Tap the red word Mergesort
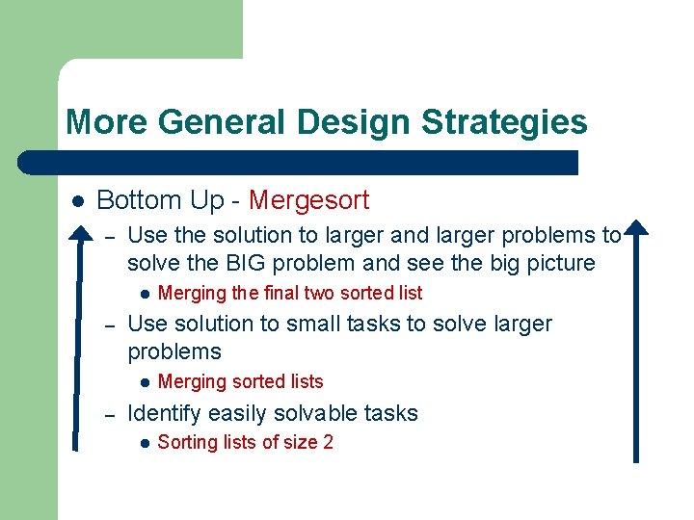[308, 200]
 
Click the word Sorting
[188, 443]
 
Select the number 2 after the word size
[328, 443]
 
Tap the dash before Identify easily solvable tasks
[110, 414]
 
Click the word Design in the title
[354, 122]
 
